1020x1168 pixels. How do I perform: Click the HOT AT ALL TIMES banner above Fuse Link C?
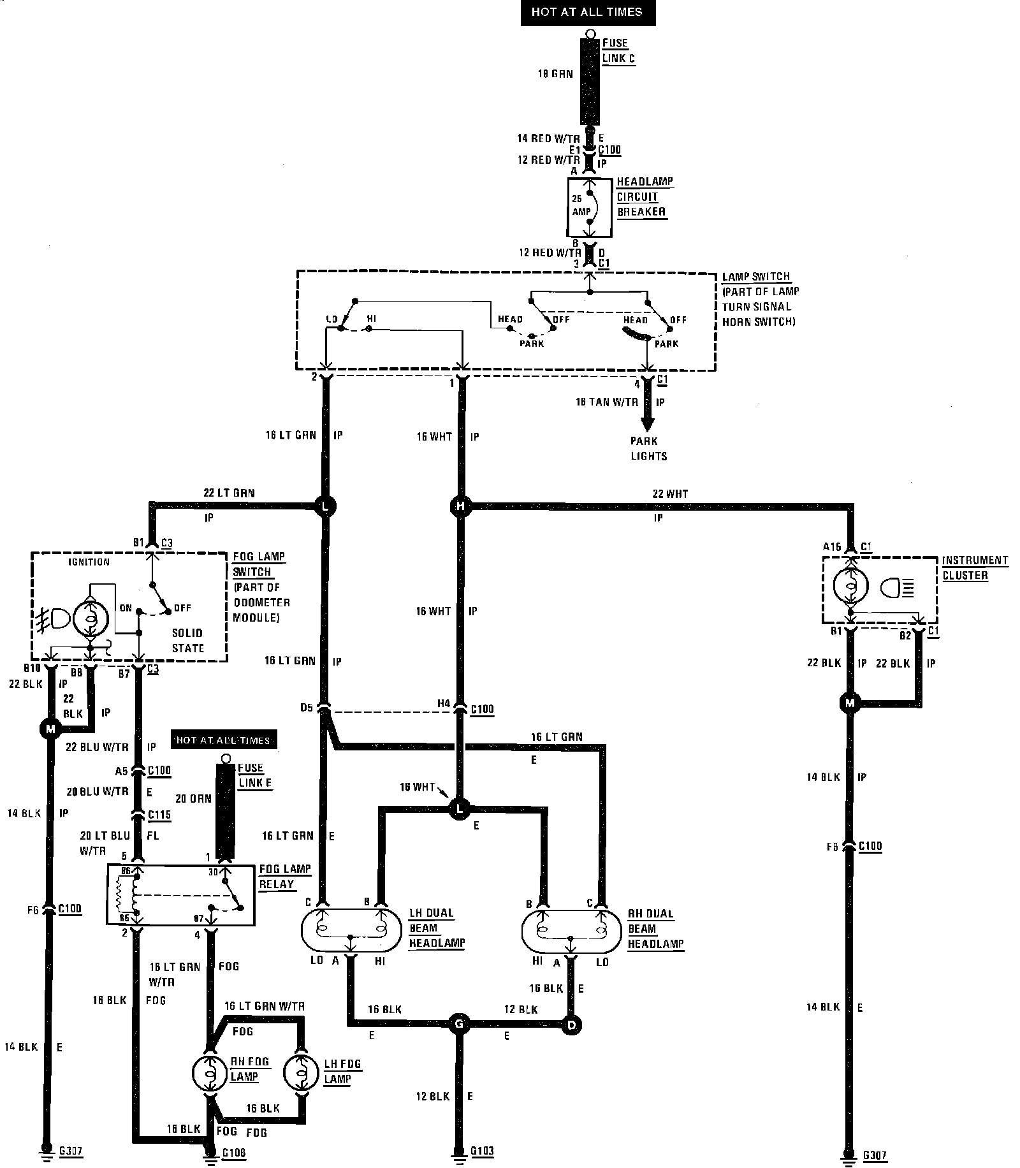586,12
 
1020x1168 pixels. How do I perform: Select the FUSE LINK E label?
255,775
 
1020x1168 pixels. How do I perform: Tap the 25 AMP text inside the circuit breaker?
581,205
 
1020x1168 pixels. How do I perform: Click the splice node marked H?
460,507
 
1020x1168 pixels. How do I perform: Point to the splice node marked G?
458,1025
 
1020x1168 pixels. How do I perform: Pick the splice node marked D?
571,1025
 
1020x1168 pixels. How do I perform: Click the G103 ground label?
482,1151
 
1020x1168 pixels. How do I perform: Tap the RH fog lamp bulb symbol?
209,1072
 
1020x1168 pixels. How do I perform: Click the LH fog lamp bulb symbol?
300,1072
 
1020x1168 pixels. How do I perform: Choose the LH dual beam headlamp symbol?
351,930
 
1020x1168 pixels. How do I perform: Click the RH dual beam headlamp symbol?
571,930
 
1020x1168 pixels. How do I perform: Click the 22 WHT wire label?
669,493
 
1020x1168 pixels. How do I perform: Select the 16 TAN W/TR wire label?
606,402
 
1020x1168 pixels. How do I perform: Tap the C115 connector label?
159,815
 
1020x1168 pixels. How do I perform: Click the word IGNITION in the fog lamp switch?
89,562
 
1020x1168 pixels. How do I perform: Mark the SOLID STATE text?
187,640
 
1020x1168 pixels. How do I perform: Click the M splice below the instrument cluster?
849,703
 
